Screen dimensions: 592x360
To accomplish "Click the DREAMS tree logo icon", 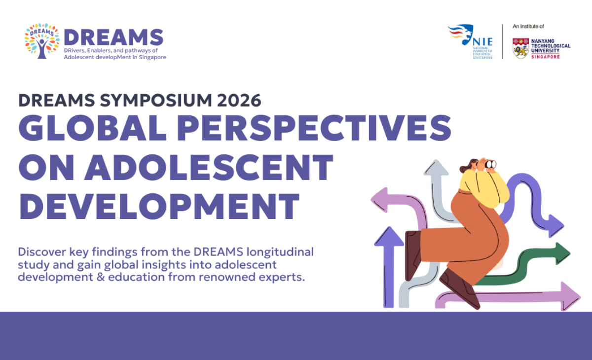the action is click(x=42, y=41).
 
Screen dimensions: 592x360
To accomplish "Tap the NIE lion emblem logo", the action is click(x=461, y=35).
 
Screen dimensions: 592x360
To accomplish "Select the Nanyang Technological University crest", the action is click(x=520, y=49).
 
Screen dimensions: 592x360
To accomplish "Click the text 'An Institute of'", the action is click(x=528, y=27).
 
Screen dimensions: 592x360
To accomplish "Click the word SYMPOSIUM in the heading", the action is click(x=156, y=101).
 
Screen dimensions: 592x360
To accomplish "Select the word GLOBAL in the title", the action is click(x=93, y=128).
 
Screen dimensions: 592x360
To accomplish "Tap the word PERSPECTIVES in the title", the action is click(x=314, y=128).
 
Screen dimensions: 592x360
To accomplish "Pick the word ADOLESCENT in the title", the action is click(x=209, y=167).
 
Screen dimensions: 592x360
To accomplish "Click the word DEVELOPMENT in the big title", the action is click(x=159, y=206).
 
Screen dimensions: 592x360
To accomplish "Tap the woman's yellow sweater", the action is click(x=483, y=188).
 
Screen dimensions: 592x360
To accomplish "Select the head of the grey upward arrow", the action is click(x=436, y=168).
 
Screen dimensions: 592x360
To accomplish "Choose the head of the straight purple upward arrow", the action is click(x=389, y=237).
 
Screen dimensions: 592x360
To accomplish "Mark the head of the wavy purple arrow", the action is click(x=556, y=226).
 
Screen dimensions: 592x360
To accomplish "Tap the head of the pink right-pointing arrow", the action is click(x=570, y=296).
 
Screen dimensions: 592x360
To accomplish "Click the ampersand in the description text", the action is click(x=101, y=277).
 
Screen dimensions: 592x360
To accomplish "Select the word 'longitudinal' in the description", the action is click(x=280, y=252).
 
